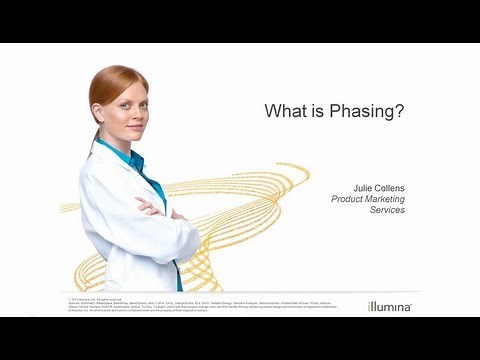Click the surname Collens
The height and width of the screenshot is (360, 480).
click(387, 187)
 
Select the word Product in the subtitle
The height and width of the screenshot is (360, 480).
click(350, 199)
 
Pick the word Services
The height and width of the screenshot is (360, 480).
click(385, 210)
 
